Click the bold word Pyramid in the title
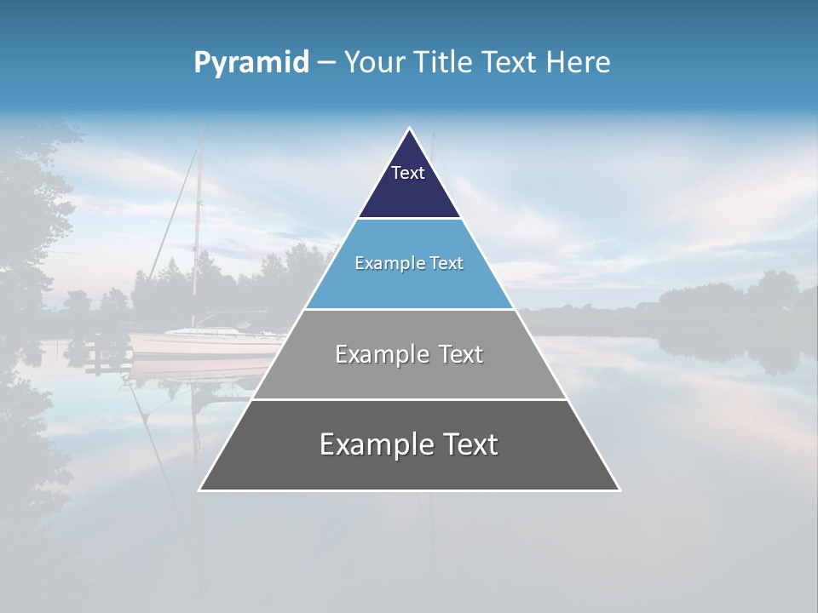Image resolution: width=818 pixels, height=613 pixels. click(251, 62)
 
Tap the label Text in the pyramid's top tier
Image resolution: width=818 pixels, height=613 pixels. click(408, 173)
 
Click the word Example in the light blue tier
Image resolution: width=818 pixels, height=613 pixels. click(382, 263)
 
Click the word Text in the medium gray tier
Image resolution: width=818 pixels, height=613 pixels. click(455, 354)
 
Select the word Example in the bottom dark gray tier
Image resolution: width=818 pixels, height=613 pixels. click(374, 444)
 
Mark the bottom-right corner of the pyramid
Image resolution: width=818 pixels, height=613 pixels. click(619, 490)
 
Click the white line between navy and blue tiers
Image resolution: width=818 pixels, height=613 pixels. click(409, 219)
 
